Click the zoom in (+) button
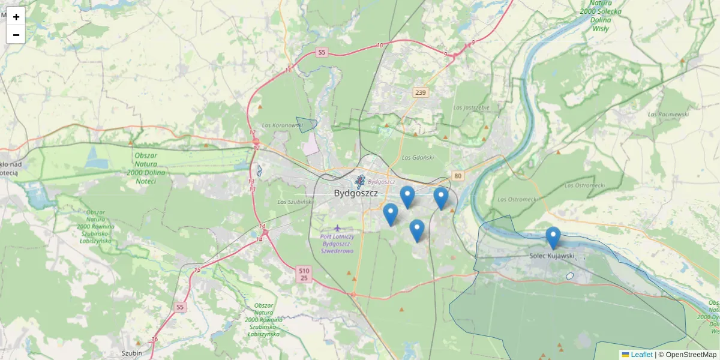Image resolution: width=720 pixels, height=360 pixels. click(x=16, y=17)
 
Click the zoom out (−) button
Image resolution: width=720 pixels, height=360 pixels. click(x=16, y=35)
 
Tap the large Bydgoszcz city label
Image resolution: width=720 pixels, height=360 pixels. click(x=356, y=193)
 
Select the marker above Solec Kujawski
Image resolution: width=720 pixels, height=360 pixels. click(x=553, y=238)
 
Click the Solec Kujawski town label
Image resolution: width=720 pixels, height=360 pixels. click(x=552, y=256)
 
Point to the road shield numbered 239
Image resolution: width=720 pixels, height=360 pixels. click(x=420, y=92)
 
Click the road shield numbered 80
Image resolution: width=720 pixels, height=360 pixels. click(x=458, y=175)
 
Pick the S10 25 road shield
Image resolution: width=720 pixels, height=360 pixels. click(x=304, y=274)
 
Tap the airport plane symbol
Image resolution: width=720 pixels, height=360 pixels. click(x=338, y=227)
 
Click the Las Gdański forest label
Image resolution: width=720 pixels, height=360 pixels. click(x=418, y=157)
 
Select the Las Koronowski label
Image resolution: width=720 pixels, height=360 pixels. click(x=283, y=125)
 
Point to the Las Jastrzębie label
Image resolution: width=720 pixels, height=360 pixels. click(x=472, y=107)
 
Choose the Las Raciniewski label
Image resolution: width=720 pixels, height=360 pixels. click(x=668, y=113)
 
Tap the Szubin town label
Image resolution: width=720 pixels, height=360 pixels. click(x=131, y=353)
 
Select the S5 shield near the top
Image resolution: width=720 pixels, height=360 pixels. click(x=322, y=52)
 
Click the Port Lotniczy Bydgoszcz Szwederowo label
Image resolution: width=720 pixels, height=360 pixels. click(x=338, y=244)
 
